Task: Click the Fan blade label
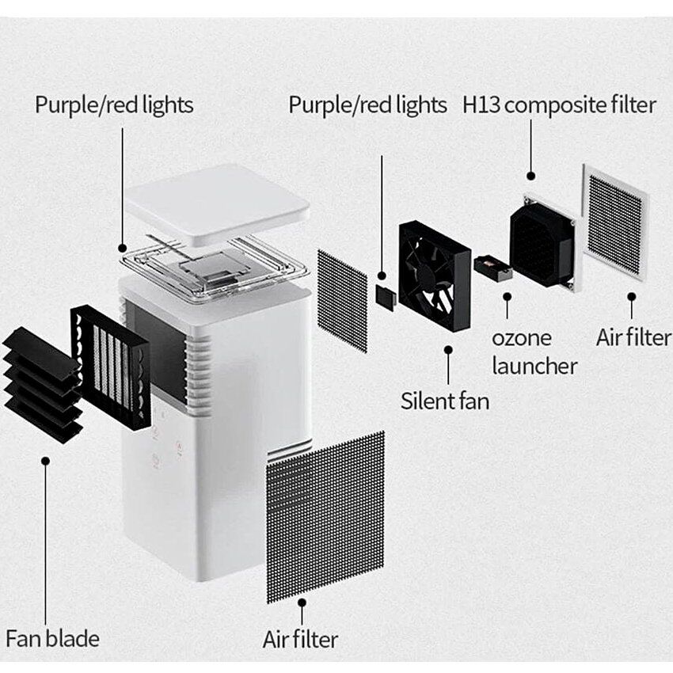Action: pos(53,638)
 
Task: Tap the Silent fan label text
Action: pos(445,400)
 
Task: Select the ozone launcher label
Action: pos(534,351)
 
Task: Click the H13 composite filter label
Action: pos(559,105)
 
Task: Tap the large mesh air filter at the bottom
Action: pos(325,515)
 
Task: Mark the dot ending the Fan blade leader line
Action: pos(47,460)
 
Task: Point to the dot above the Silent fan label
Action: pos(448,348)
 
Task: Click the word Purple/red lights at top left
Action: pos(114,105)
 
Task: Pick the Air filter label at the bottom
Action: pos(300,639)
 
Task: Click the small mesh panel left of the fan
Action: pos(342,300)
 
